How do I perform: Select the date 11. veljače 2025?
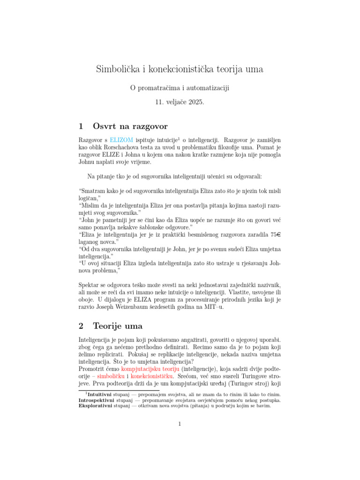click(x=180, y=102)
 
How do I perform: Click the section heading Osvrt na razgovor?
click(x=130, y=126)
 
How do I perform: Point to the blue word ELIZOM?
click(x=121, y=140)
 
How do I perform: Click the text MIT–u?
click(x=212, y=307)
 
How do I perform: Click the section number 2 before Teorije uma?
click(x=82, y=325)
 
